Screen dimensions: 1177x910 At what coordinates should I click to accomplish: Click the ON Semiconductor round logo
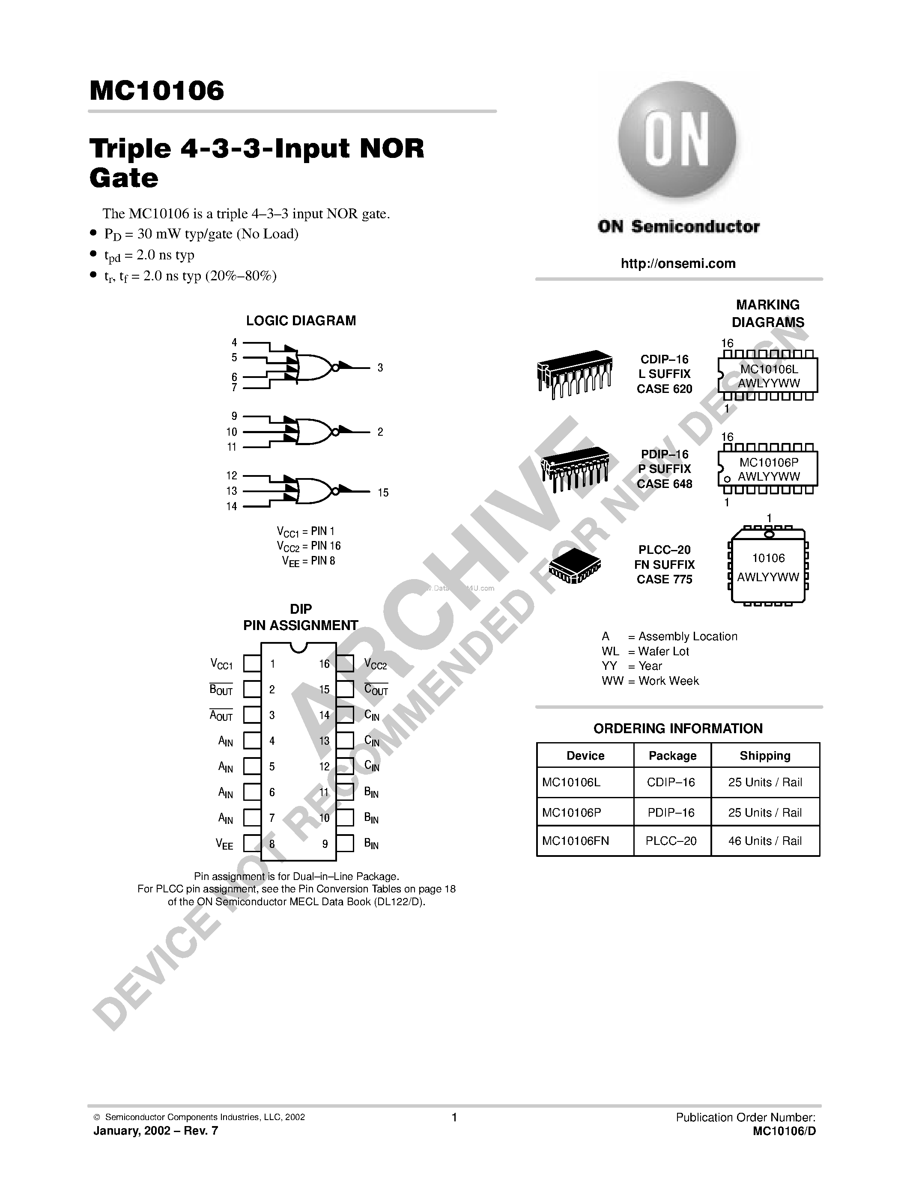[677, 141]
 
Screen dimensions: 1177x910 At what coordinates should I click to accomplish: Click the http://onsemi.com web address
[677, 264]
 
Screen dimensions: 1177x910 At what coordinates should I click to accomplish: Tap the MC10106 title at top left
[156, 91]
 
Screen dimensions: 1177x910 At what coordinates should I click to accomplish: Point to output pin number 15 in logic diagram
[383, 493]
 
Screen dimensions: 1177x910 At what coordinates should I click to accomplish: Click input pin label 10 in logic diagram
[231, 432]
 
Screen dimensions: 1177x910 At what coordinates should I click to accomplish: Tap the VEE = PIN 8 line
[308, 561]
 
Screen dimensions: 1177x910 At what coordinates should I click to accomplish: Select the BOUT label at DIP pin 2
[221, 690]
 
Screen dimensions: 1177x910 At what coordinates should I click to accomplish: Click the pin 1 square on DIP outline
[252, 663]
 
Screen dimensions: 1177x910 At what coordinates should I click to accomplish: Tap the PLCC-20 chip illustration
[575, 566]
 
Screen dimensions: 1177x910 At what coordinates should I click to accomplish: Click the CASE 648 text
[664, 484]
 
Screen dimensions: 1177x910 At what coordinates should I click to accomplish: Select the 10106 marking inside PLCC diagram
[768, 558]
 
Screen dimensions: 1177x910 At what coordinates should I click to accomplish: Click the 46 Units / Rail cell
[764, 841]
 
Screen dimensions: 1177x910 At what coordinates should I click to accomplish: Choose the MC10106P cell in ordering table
[571, 812]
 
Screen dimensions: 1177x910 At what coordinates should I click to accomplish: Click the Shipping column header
[764, 755]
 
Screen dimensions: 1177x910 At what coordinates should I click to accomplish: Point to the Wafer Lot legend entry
[645, 651]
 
